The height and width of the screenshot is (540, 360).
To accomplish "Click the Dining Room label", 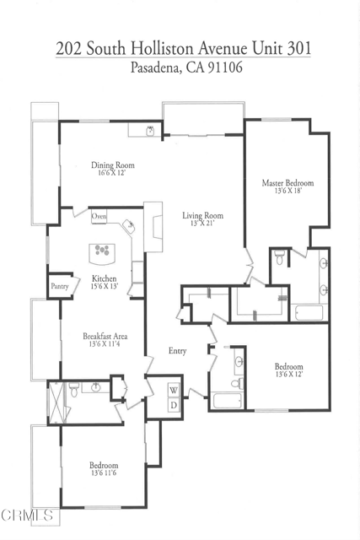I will (113, 165).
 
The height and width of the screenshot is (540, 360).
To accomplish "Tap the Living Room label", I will (202, 215).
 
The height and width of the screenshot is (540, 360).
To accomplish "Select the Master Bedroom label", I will (288, 183).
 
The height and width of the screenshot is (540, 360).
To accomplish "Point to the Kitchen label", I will (105, 278).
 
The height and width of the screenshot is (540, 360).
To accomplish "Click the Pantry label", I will (59, 287).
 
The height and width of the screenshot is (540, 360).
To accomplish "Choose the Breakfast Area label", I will (105, 335).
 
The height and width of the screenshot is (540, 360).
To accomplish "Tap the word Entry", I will (177, 351).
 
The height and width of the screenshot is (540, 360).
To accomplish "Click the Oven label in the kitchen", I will (99, 217).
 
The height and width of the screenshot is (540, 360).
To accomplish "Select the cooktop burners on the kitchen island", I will (103, 250).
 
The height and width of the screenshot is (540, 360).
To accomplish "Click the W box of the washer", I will (174, 390).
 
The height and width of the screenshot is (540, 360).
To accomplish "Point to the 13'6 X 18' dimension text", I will (288, 192).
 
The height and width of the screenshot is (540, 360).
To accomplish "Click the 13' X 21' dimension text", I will (202, 224).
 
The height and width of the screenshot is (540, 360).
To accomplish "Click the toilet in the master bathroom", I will (279, 256).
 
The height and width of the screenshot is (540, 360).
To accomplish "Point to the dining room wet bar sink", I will (150, 130).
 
